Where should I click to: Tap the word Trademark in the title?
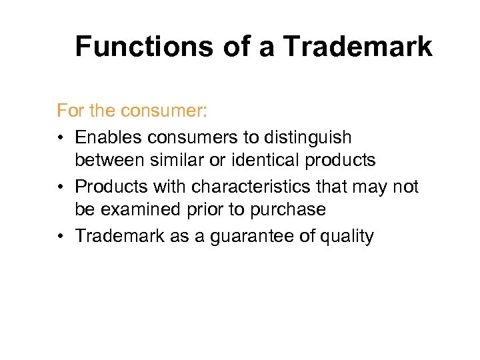pos(357,47)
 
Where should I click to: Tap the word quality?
pos(345,236)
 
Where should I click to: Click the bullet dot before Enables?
pos(61,137)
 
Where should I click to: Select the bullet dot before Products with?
pos(61,187)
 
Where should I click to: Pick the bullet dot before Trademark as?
pos(61,236)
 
